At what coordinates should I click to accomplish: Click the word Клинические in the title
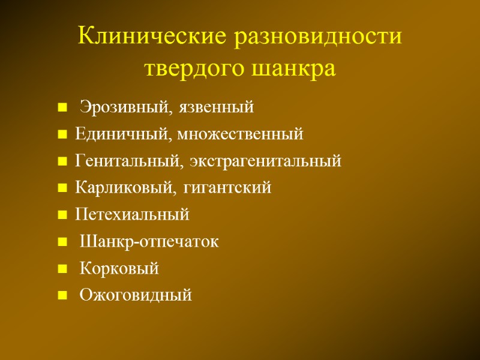[152, 37]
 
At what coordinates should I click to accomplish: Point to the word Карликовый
[124, 188]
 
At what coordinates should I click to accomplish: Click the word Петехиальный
[132, 214]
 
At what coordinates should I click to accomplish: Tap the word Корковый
[119, 268]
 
